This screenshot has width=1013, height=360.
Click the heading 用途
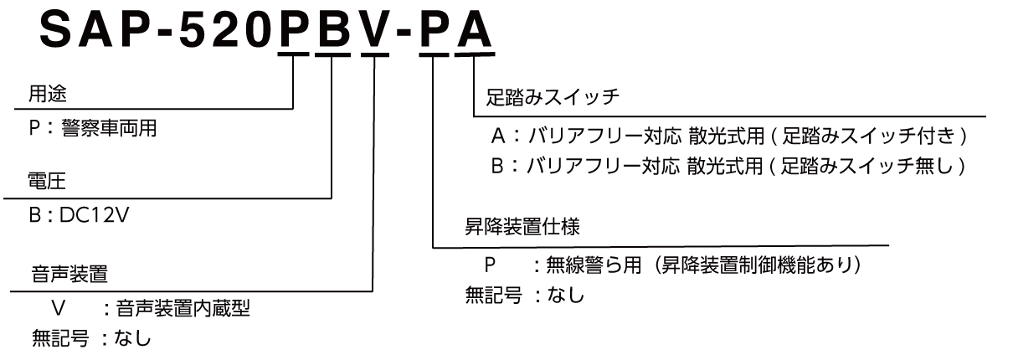(x=48, y=94)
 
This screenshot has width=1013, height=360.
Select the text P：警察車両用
(x=92, y=128)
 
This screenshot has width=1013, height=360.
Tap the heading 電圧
(x=47, y=181)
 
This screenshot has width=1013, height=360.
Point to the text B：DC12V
(x=79, y=215)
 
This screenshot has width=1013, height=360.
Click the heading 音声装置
(x=69, y=274)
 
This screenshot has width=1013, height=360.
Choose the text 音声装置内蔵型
(x=183, y=308)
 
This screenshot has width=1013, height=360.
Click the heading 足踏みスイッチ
(x=553, y=97)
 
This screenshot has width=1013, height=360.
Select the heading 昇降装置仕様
(x=522, y=227)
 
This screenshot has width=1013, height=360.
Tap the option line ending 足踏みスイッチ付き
(x=729, y=136)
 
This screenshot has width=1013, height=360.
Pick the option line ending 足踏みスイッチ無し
(x=728, y=166)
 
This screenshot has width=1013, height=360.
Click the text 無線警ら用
(x=594, y=265)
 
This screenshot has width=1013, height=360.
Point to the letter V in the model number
(x=376, y=30)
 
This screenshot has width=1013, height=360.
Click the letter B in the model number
(x=334, y=30)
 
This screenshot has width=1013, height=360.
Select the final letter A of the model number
(x=474, y=30)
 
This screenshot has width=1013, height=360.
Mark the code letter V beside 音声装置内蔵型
(x=59, y=308)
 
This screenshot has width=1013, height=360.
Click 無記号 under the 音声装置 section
(x=60, y=338)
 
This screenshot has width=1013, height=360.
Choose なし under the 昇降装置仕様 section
(x=566, y=295)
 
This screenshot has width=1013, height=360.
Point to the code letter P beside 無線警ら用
(x=491, y=265)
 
